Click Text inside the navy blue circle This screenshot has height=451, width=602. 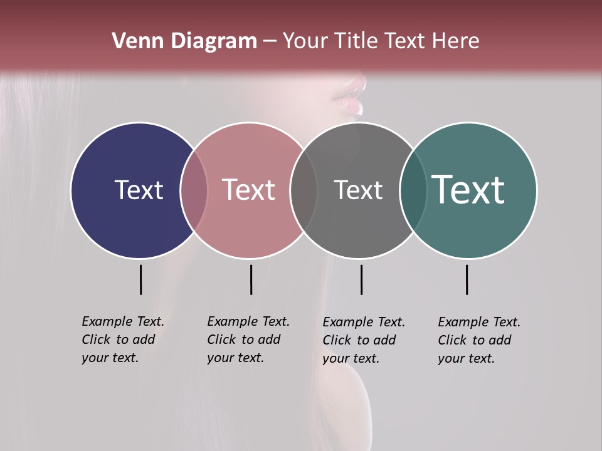(139, 190)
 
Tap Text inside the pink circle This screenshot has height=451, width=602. (248, 190)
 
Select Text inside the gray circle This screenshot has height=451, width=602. (358, 190)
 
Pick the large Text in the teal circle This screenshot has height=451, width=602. (468, 190)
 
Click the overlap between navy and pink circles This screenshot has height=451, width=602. (194, 190)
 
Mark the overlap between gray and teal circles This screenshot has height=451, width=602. (413, 190)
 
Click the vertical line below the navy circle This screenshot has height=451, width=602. (140, 279)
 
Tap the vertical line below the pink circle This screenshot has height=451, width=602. (251, 279)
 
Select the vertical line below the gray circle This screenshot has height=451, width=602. (361, 279)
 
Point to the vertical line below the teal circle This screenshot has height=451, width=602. (467, 279)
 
